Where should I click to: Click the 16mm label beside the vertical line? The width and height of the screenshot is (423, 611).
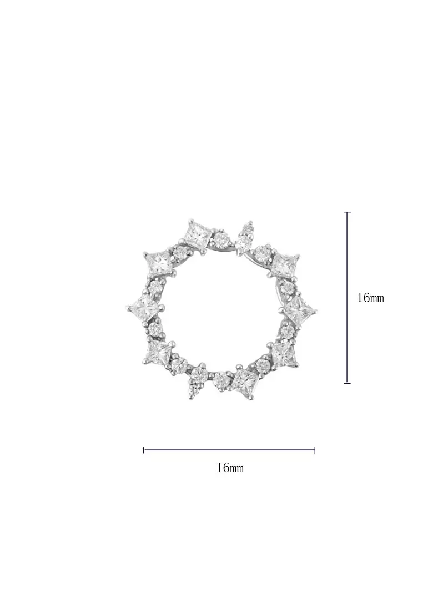[x=370, y=298]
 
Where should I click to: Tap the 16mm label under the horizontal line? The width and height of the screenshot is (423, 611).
[x=230, y=468]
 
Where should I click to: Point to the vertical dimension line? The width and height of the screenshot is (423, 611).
[x=348, y=297]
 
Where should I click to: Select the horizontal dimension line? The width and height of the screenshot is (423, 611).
[x=229, y=450]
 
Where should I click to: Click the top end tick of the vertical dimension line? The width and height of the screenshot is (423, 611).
[x=348, y=212]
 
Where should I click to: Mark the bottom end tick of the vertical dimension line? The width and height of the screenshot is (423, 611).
[x=348, y=383]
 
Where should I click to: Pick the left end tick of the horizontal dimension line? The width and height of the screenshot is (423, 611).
[x=144, y=450]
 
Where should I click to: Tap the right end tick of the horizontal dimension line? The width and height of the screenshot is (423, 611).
[x=315, y=450]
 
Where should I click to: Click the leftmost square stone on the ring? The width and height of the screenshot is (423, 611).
[x=145, y=306]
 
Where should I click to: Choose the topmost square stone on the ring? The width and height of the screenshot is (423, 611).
[x=198, y=234]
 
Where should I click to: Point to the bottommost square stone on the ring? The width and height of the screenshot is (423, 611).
[x=245, y=382]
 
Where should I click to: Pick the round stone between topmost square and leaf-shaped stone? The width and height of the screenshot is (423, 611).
[x=222, y=240]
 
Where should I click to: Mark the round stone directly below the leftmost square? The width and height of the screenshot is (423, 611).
[x=155, y=329]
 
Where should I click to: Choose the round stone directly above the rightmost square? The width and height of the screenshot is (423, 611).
[x=288, y=288]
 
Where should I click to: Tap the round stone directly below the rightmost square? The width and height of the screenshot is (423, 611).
[x=287, y=331]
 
